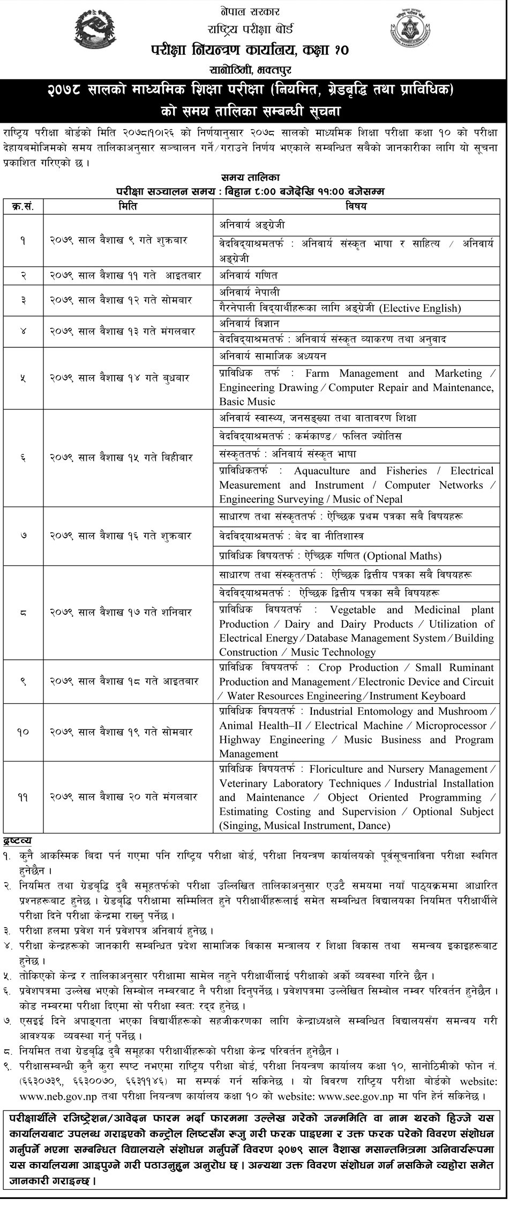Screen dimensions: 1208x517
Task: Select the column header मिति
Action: (x=128, y=206)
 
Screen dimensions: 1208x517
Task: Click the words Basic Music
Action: (x=247, y=401)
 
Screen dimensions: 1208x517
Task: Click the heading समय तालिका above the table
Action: (x=250, y=176)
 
